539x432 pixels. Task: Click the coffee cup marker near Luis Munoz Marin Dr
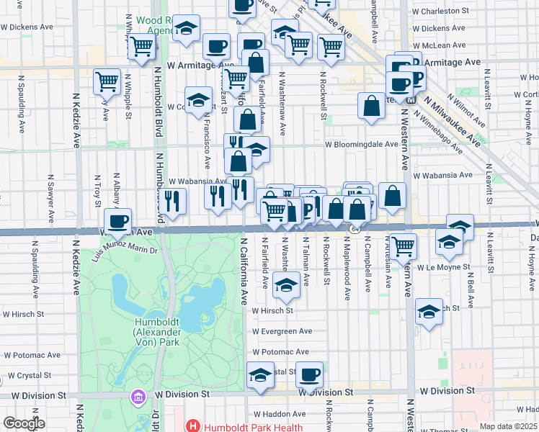tap(118, 221)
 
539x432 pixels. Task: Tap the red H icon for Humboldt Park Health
tap(193, 426)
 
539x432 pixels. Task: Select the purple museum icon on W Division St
tap(137, 396)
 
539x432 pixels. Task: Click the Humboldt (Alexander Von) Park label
tap(161, 332)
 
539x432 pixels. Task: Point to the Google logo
tap(24, 423)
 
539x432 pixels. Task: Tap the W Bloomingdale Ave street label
tap(361, 144)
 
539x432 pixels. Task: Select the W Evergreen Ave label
tap(282, 331)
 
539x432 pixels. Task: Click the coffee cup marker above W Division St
tap(309, 374)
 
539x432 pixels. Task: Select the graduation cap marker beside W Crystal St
tap(261, 375)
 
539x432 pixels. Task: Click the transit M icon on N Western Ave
tap(410, 100)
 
